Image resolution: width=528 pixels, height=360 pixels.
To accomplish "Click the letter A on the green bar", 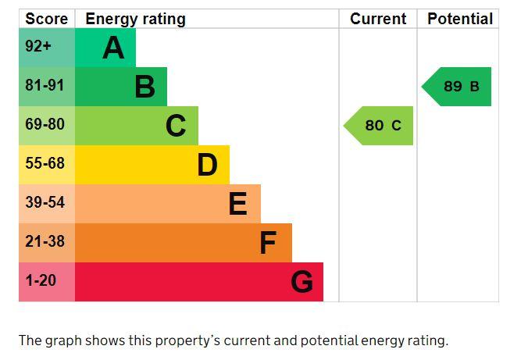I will point(113,48).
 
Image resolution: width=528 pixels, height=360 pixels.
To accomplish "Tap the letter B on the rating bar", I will point(144,87).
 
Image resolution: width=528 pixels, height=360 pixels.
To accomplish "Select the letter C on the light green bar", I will point(176,126).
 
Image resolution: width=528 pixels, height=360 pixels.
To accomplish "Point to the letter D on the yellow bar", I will point(207,165).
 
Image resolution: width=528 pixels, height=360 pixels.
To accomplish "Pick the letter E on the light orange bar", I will point(238,204).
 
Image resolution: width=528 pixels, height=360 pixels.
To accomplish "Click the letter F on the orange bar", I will point(268,243).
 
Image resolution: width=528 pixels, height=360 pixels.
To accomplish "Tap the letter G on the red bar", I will point(301,282).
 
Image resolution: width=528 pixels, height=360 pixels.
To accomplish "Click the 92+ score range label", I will point(38,47).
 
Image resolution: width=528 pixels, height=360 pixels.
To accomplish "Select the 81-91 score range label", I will point(45,86).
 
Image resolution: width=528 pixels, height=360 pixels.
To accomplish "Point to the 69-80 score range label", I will point(45,125).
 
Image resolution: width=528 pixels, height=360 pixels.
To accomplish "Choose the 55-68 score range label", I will point(45,164).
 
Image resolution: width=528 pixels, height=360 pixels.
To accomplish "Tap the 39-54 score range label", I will point(45,203).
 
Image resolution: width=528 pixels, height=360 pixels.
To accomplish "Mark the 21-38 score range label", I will point(45,242).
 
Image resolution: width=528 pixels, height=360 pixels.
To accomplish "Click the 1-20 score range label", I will point(41,280).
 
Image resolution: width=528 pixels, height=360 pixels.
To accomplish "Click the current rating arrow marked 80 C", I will point(380,126).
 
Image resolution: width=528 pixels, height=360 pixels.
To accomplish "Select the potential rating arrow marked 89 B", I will point(458,87).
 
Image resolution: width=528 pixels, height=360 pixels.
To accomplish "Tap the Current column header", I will point(378,19).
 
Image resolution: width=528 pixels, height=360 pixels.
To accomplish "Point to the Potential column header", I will point(460,19).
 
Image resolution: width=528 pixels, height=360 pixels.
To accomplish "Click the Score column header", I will point(46,19).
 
